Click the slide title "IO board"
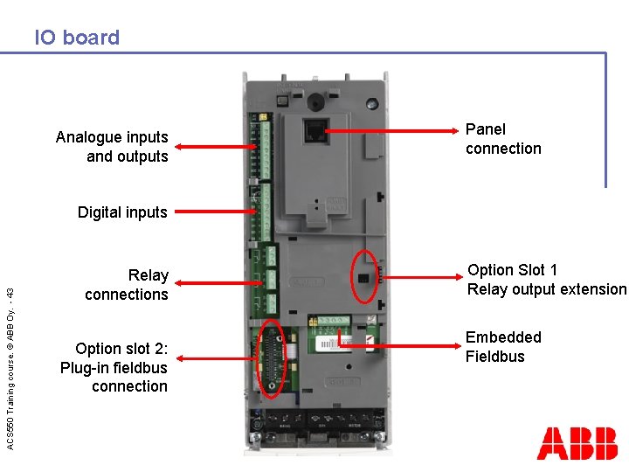[x=77, y=38]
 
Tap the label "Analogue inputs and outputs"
[x=112, y=147]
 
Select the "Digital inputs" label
[x=122, y=212]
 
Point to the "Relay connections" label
[x=127, y=285]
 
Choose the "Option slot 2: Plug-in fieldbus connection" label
[x=114, y=367]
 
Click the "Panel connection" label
[x=503, y=139]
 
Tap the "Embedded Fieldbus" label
[x=503, y=347]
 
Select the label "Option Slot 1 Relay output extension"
[x=547, y=280]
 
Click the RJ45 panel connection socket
[x=314, y=130]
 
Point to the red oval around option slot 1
[x=365, y=275]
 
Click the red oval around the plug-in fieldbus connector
[x=273, y=358]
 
